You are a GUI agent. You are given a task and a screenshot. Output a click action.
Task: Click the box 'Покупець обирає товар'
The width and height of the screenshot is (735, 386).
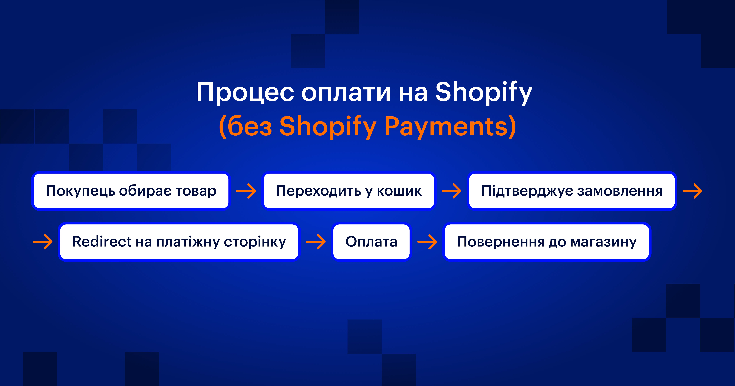point(131,191)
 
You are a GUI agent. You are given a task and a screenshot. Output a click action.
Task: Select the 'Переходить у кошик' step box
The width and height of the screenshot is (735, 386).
point(349,191)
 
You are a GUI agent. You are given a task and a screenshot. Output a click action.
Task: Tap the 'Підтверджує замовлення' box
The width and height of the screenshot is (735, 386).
point(572,191)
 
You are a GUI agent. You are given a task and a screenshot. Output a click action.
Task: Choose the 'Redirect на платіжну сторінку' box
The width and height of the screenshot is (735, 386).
point(179,242)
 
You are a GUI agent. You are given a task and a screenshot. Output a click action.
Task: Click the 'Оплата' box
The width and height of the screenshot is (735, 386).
point(371,242)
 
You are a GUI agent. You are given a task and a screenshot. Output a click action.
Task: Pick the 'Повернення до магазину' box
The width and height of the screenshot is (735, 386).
point(547,242)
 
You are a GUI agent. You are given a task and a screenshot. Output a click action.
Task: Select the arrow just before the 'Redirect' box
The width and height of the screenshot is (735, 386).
point(43,242)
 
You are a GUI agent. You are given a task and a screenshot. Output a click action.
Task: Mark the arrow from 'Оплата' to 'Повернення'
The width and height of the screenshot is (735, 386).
point(427,242)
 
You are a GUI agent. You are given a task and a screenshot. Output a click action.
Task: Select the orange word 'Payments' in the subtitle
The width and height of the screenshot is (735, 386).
point(449,127)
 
